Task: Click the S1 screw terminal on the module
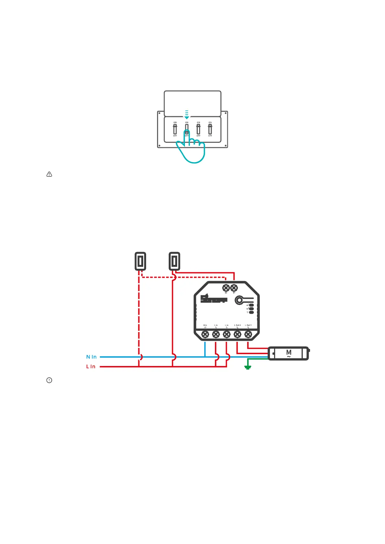234,288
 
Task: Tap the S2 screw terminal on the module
226,288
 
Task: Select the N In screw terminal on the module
205,334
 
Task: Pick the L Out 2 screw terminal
237,334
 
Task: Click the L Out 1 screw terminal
248,334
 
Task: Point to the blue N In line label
91,357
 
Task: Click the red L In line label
91,367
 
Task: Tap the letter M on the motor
289,352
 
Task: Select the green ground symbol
248,367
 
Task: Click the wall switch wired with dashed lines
140,261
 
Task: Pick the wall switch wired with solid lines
175,261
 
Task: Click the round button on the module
239,300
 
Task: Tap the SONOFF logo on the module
213,299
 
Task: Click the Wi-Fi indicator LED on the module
251,312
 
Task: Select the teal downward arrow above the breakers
187,115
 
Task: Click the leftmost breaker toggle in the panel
175,129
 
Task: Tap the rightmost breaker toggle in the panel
210,129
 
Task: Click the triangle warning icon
49,174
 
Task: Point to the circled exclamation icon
49,380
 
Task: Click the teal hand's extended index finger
187,137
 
